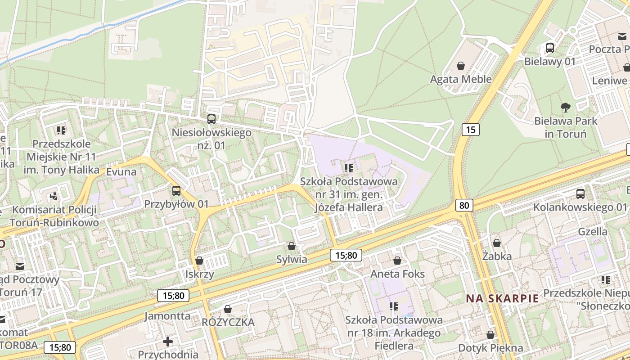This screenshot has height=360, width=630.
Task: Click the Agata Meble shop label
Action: [461, 79]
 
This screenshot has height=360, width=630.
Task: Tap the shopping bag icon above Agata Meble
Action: [461, 66]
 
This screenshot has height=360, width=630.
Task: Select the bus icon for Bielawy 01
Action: [550, 48]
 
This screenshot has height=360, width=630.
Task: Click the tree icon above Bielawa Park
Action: [566, 108]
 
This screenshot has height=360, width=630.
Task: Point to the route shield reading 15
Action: [470, 130]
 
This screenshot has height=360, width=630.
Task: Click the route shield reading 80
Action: [464, 206]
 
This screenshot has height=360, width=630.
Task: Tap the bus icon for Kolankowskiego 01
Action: [580, 194]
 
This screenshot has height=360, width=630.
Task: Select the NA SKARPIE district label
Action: [502, 298]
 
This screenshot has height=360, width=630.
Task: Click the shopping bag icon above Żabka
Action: [497, 243]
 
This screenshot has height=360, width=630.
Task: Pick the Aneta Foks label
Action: [397, 274]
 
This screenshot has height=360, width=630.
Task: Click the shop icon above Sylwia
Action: [292, 246]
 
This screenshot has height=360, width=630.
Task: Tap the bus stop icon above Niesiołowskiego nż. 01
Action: [211, 119]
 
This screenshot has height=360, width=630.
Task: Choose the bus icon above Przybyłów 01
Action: [176, 190]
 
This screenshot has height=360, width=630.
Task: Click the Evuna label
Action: [121, 171]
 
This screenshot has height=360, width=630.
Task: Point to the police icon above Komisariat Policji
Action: [54, 196]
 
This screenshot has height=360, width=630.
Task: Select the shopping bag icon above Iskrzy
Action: [199, 261]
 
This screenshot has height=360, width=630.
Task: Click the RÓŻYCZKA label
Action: [228, 322]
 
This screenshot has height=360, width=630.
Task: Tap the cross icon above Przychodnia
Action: [168, 342]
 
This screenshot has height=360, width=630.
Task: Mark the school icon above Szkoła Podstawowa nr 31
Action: [349, 168]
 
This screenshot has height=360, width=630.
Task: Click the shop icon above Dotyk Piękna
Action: [490, 335]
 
